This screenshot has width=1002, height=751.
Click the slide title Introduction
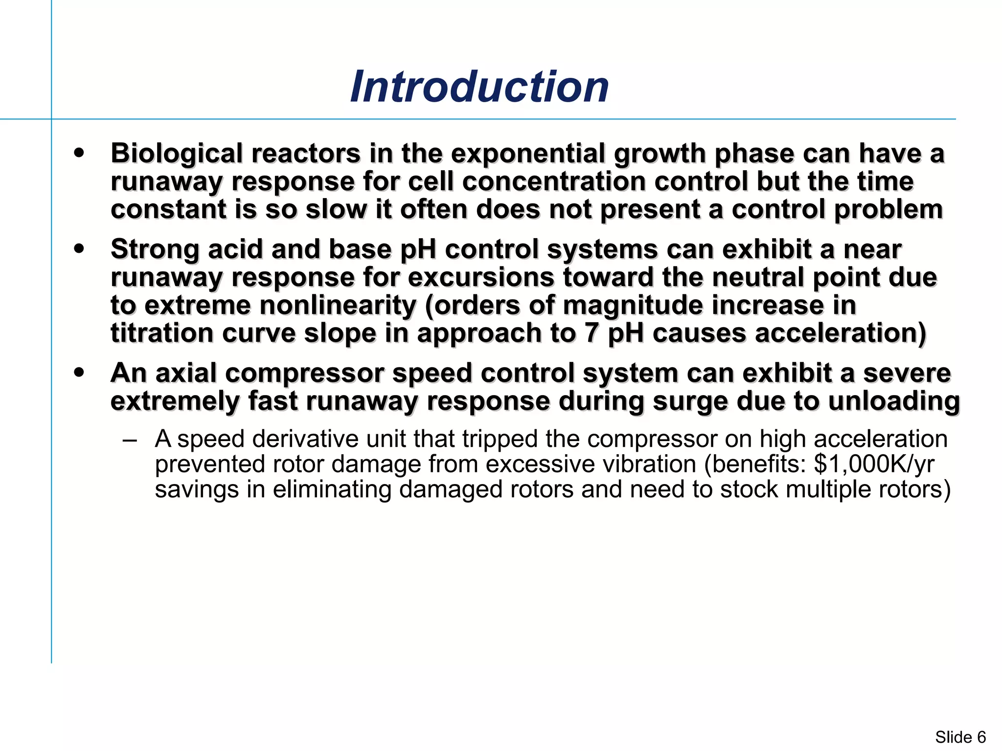pyautogui.click(x=479, y=87)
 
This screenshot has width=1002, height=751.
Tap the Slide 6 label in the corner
pyautogui.click(x=960, y=737)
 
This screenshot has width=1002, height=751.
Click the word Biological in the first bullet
pyautogui.click(x=177, y=154)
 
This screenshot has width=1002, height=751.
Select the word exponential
pyautogui.click(x=528, y=154)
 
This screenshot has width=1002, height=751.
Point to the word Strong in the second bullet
pyautogui.click(x=155, y=249)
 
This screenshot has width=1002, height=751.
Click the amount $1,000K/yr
pyautogui.click(x=874, y=464)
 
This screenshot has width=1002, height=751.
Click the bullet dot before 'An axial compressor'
pyautogui.click(x=79, y=373)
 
